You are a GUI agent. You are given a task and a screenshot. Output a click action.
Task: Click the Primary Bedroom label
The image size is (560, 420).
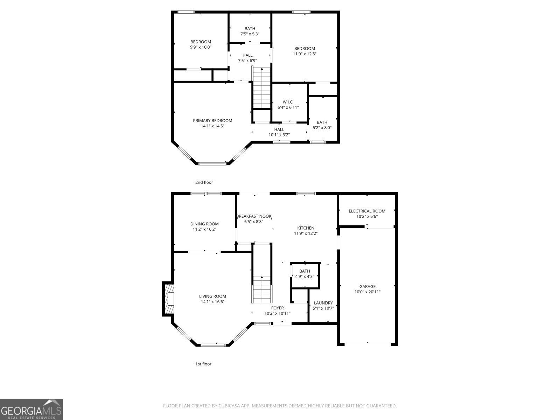coord(212,121)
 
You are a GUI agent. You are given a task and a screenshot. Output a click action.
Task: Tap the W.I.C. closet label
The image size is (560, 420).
coord(288,102)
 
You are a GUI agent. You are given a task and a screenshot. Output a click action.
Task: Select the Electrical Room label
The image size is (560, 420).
coord(367,211)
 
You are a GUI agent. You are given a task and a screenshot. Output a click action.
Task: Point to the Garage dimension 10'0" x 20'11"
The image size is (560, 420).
coord(367,292)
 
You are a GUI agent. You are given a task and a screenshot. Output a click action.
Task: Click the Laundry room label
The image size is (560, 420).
coord(323,303)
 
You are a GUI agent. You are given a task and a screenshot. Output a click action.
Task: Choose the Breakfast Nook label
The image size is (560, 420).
coord(254,216)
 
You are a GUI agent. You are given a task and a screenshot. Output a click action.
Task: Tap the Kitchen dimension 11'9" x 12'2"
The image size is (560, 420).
coord(306,233)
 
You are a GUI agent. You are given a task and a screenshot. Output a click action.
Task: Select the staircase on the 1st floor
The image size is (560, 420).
coord(262,289)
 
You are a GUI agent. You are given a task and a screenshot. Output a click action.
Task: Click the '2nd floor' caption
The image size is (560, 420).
coord(204,182)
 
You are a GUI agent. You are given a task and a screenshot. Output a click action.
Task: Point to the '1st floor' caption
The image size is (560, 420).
coord(203,364)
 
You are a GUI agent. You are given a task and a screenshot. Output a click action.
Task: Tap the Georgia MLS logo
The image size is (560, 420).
coord(31,409)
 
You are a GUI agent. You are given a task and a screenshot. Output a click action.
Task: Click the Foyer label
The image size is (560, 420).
coord(277,308)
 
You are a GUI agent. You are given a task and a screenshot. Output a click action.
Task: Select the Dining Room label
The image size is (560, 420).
coord(204,224)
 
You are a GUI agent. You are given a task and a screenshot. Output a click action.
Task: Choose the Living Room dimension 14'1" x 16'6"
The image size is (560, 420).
coord(212,301)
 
